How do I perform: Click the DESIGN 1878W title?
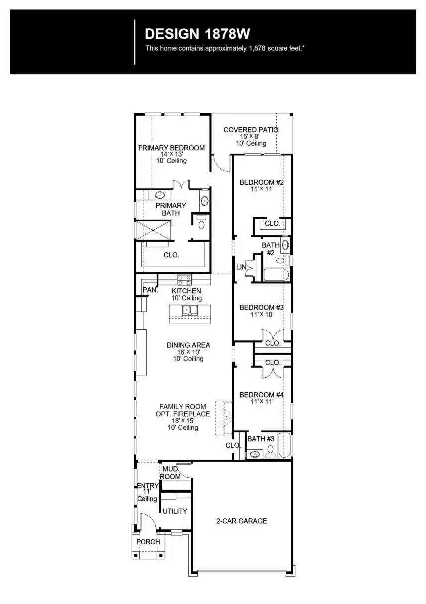pyautogui.click(x=197, y=34)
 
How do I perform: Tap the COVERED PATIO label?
pyautogui.click(x=251, y=130)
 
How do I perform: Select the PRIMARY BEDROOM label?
pyautogui.click(x=171, y=148)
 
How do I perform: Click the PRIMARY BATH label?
pyautogui.click(x=171, y=209)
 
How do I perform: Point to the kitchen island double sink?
pyautogui.click(x=190, y=310)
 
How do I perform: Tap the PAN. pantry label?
pyautogui.click(x=150, y=290)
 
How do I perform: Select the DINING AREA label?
pyautogui.click(x=188, y=345)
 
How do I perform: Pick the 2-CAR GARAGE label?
pyautogui.click(x=242, y=521)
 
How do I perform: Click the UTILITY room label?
pyautogui.click(x=175, y=511)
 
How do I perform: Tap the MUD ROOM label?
pyautogui.click(x=170, y=473)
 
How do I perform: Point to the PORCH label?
pyautogui.click(x=148, y=542)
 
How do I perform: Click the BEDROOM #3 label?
pyautogui.click(x=261, y=308)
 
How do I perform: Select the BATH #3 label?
pyautogui.click(x=261, y=439)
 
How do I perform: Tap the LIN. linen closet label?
pyautogui.click(x=242, y=268)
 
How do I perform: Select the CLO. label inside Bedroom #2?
pyautogui.click(x=272, y=224)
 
